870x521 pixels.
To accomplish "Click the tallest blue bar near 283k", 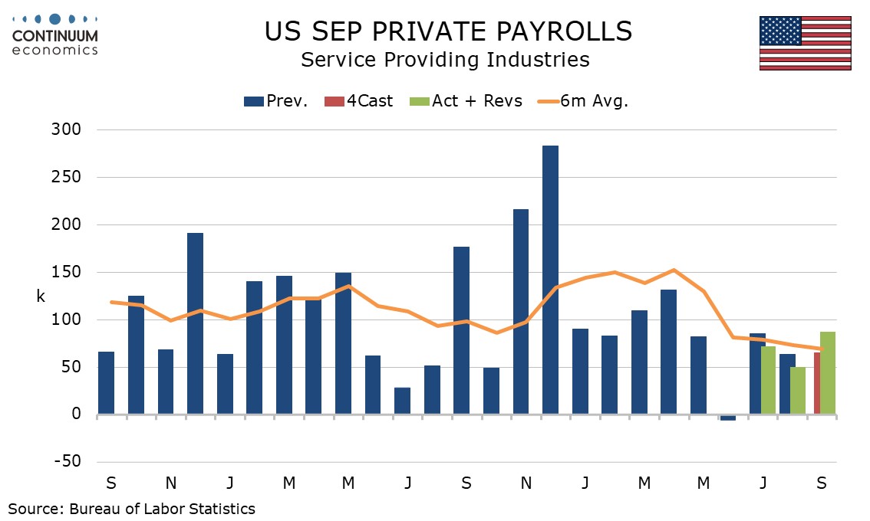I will point(550,280).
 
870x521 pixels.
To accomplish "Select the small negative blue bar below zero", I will point(727,418).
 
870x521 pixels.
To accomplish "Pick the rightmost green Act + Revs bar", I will point(828,373).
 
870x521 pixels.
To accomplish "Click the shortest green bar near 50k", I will point(798,391).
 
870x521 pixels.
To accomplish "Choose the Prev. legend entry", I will point(276,100).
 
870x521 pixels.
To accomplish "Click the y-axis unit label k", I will point(41,296).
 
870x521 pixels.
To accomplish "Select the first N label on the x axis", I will point(170,483).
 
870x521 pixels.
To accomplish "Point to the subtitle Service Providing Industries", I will point(445,60).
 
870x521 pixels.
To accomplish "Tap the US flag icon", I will point(805,43).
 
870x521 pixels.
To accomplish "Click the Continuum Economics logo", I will point(55,34).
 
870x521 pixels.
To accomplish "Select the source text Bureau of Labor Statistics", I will point(162,508).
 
